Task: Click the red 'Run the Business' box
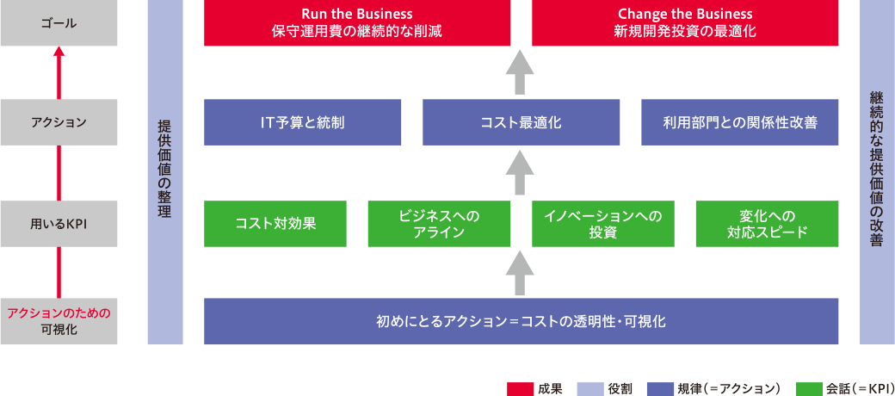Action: click(357, 23)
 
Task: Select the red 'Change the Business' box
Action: click(685, 23)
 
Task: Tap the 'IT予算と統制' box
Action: click(303, 122)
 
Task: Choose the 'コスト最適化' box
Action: click(522, 122)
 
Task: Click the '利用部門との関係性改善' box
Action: click(739, 122)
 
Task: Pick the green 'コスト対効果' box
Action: click(275, 224)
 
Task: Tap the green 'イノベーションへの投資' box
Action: click(602, 224)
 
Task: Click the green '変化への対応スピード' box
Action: click(767, 224)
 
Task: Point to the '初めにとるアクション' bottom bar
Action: click(522, 321)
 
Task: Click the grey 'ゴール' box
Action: click(59, 23)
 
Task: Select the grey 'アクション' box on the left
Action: click(59, 122)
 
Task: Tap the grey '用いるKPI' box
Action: click(59, 224)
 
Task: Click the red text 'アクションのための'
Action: click(59, 313)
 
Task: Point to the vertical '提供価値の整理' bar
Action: click(164, 172)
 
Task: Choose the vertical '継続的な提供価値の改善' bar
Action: click(877, 172)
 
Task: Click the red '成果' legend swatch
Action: click(521, 387)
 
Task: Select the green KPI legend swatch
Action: click(810, 387)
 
